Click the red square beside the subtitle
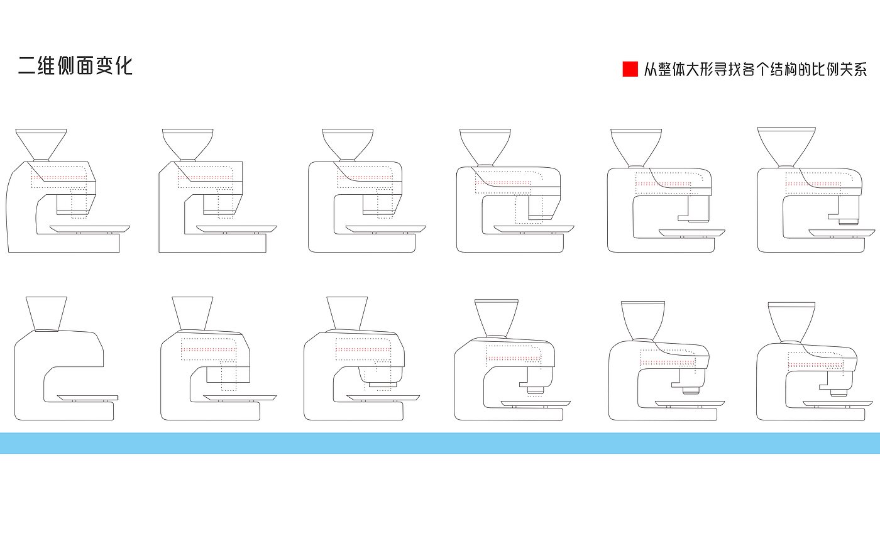coord(630,68)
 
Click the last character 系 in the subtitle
coord(860,70)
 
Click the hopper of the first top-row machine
coord(41,145)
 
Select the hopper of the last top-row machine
coord(786,147)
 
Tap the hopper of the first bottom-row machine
coord(47,314)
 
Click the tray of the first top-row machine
coord(90,229)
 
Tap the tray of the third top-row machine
coord(385,229)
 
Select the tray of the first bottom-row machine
coord(88,398)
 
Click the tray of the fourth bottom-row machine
coord(536,404)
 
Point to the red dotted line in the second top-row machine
coord(205,178)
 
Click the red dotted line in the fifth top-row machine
coord(663,184)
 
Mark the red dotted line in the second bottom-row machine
coord(209,349)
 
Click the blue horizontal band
coord(440,443)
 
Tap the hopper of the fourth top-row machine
coord(485,147)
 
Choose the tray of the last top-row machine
coord(842,233)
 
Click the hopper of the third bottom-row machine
coord(347,314)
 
